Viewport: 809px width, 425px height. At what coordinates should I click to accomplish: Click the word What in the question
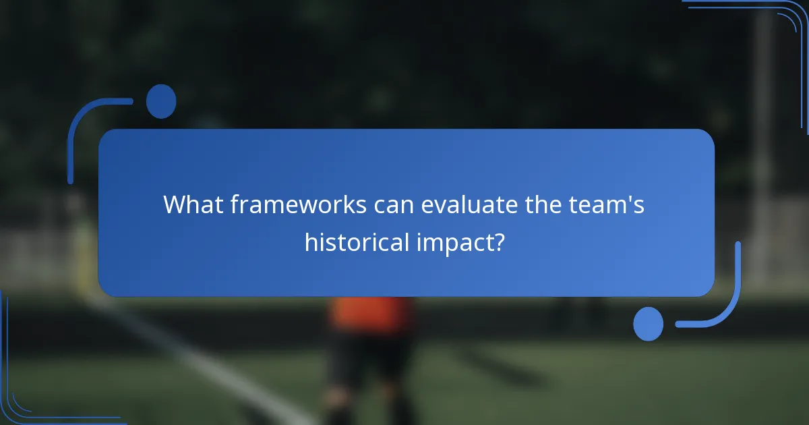click(x=193, y=204)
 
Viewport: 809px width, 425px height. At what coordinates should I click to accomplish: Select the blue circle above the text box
click(x=161, y=101)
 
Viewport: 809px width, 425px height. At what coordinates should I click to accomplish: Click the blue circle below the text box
click(x=648, y=324)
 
